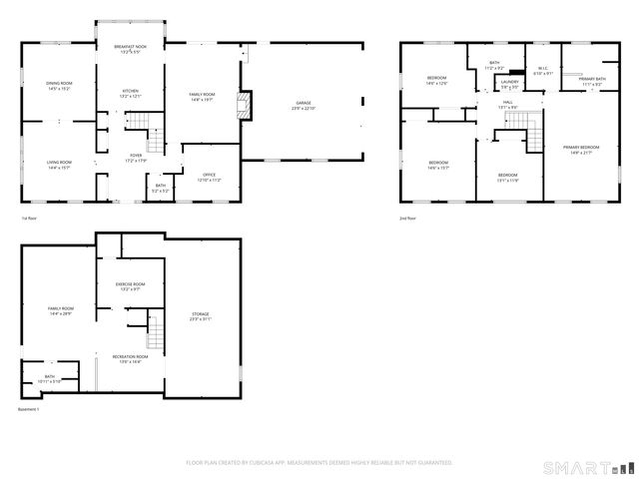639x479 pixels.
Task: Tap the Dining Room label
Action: tap(59, 84)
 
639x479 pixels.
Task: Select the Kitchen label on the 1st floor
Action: tap(131, 92)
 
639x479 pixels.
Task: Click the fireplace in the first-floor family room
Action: tap(240, 105)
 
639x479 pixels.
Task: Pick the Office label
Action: tap(209, 176)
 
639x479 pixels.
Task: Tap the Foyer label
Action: tap(135, 157)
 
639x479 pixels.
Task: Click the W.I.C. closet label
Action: tap(542, 72)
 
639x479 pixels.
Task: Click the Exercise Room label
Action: tap(131, 286)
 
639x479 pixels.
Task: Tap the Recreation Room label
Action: tap(130, 358)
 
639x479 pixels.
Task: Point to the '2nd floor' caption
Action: tap(406, 218)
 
